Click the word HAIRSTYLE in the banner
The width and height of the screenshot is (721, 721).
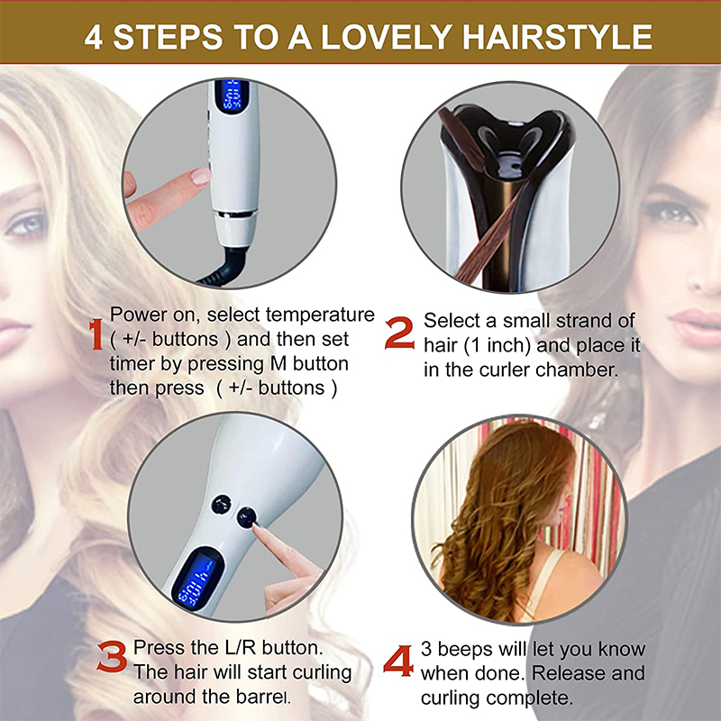(557, 37)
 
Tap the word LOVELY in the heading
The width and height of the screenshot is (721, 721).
(387, 37)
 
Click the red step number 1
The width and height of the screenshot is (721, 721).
(96, 334)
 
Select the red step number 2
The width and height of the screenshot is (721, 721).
(399, 333)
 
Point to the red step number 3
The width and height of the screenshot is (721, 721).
(112, 657)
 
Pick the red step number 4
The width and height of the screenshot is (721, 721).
(398, 662)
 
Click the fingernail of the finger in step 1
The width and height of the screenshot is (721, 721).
(201, 176)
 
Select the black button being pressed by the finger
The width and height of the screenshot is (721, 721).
(246, 517)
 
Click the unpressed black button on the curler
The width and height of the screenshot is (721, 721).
(221, 505)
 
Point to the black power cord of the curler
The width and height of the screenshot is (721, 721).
(225, 268)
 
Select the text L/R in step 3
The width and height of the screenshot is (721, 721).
(241, 647)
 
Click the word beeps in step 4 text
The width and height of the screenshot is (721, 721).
(464, 650)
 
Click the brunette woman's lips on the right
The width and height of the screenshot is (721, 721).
(695, 327)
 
